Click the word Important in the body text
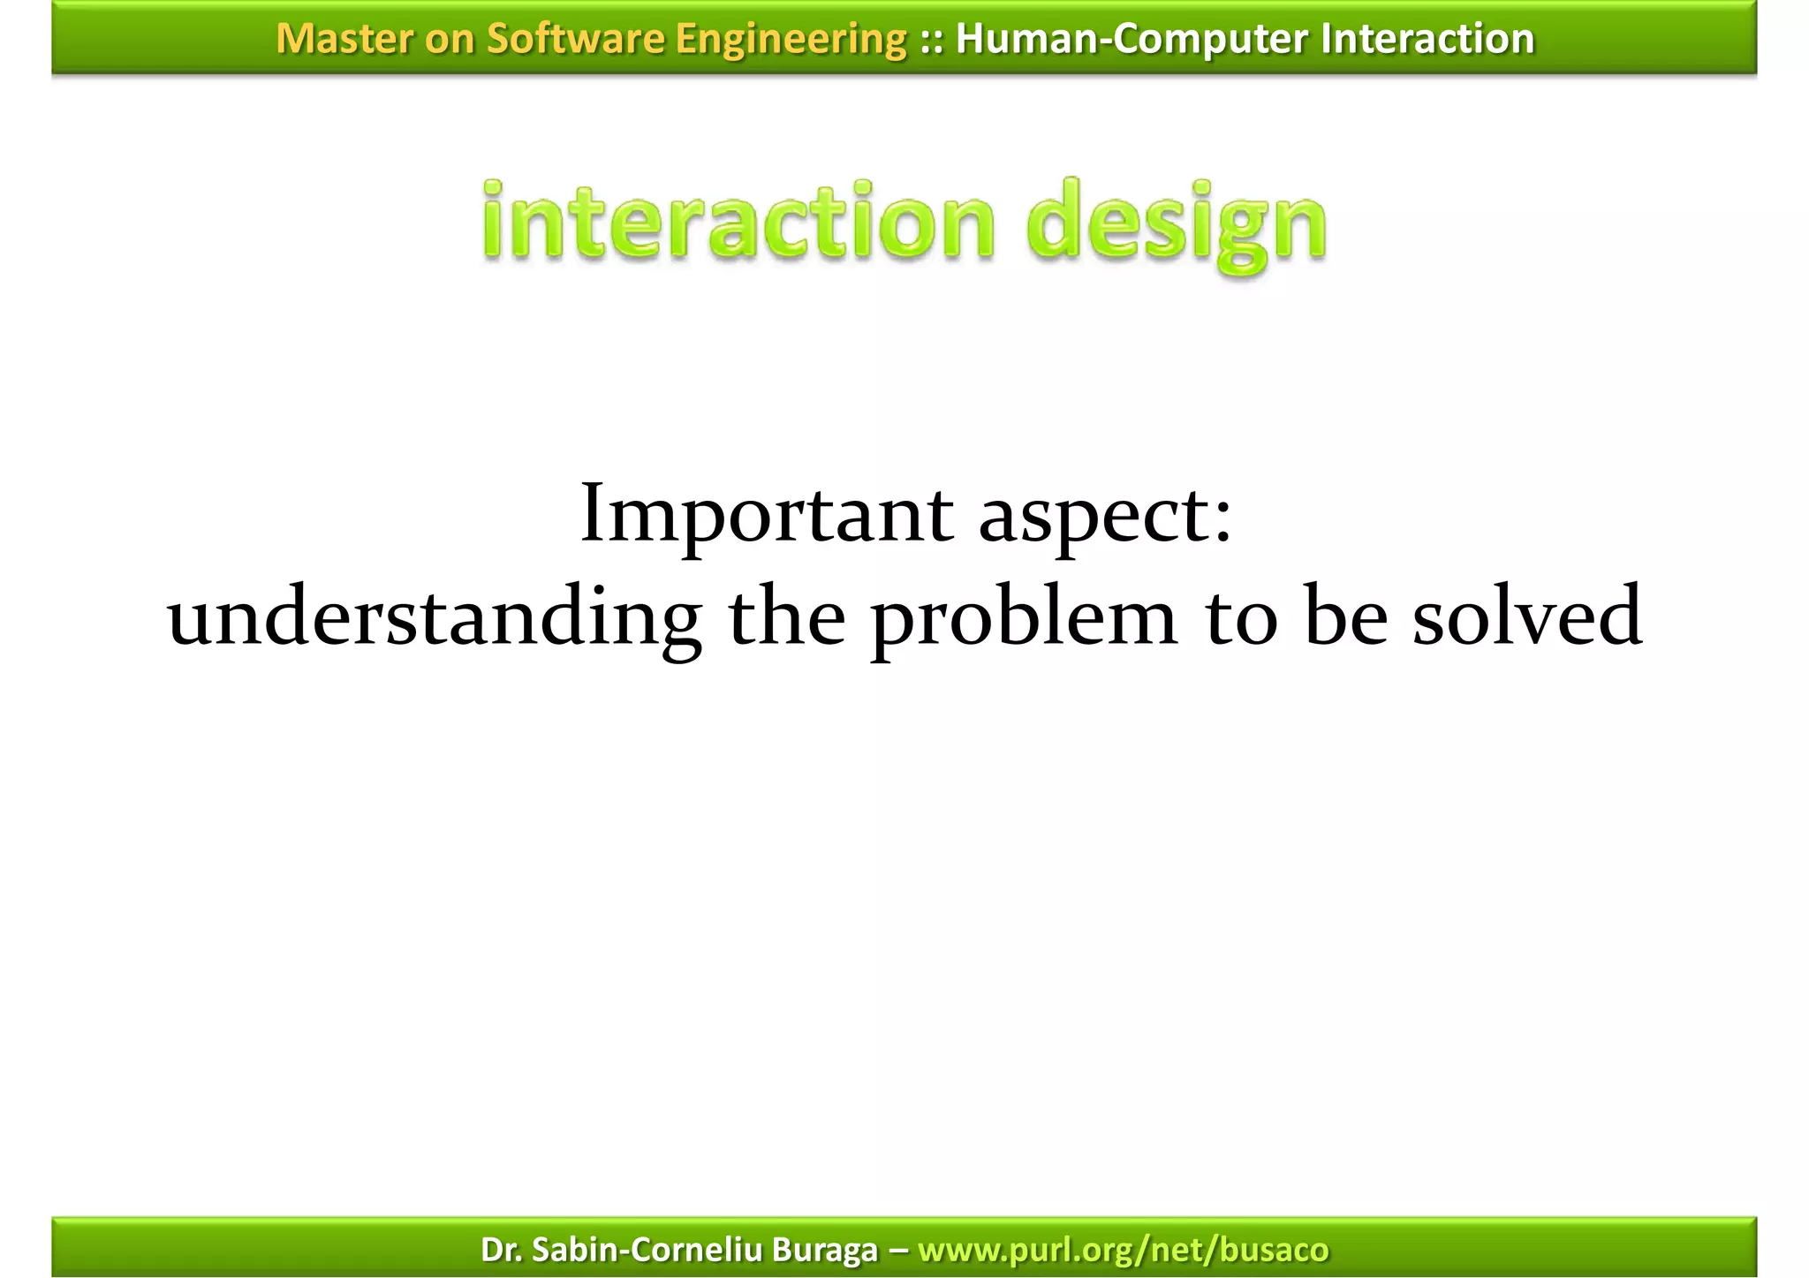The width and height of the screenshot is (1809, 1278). click(x=766, y=515)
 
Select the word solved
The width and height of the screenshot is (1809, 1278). click(x=1527, y=616)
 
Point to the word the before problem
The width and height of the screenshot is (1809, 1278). click(x=787, y=616)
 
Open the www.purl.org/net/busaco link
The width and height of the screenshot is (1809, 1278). click(x=1123, y=1250)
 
